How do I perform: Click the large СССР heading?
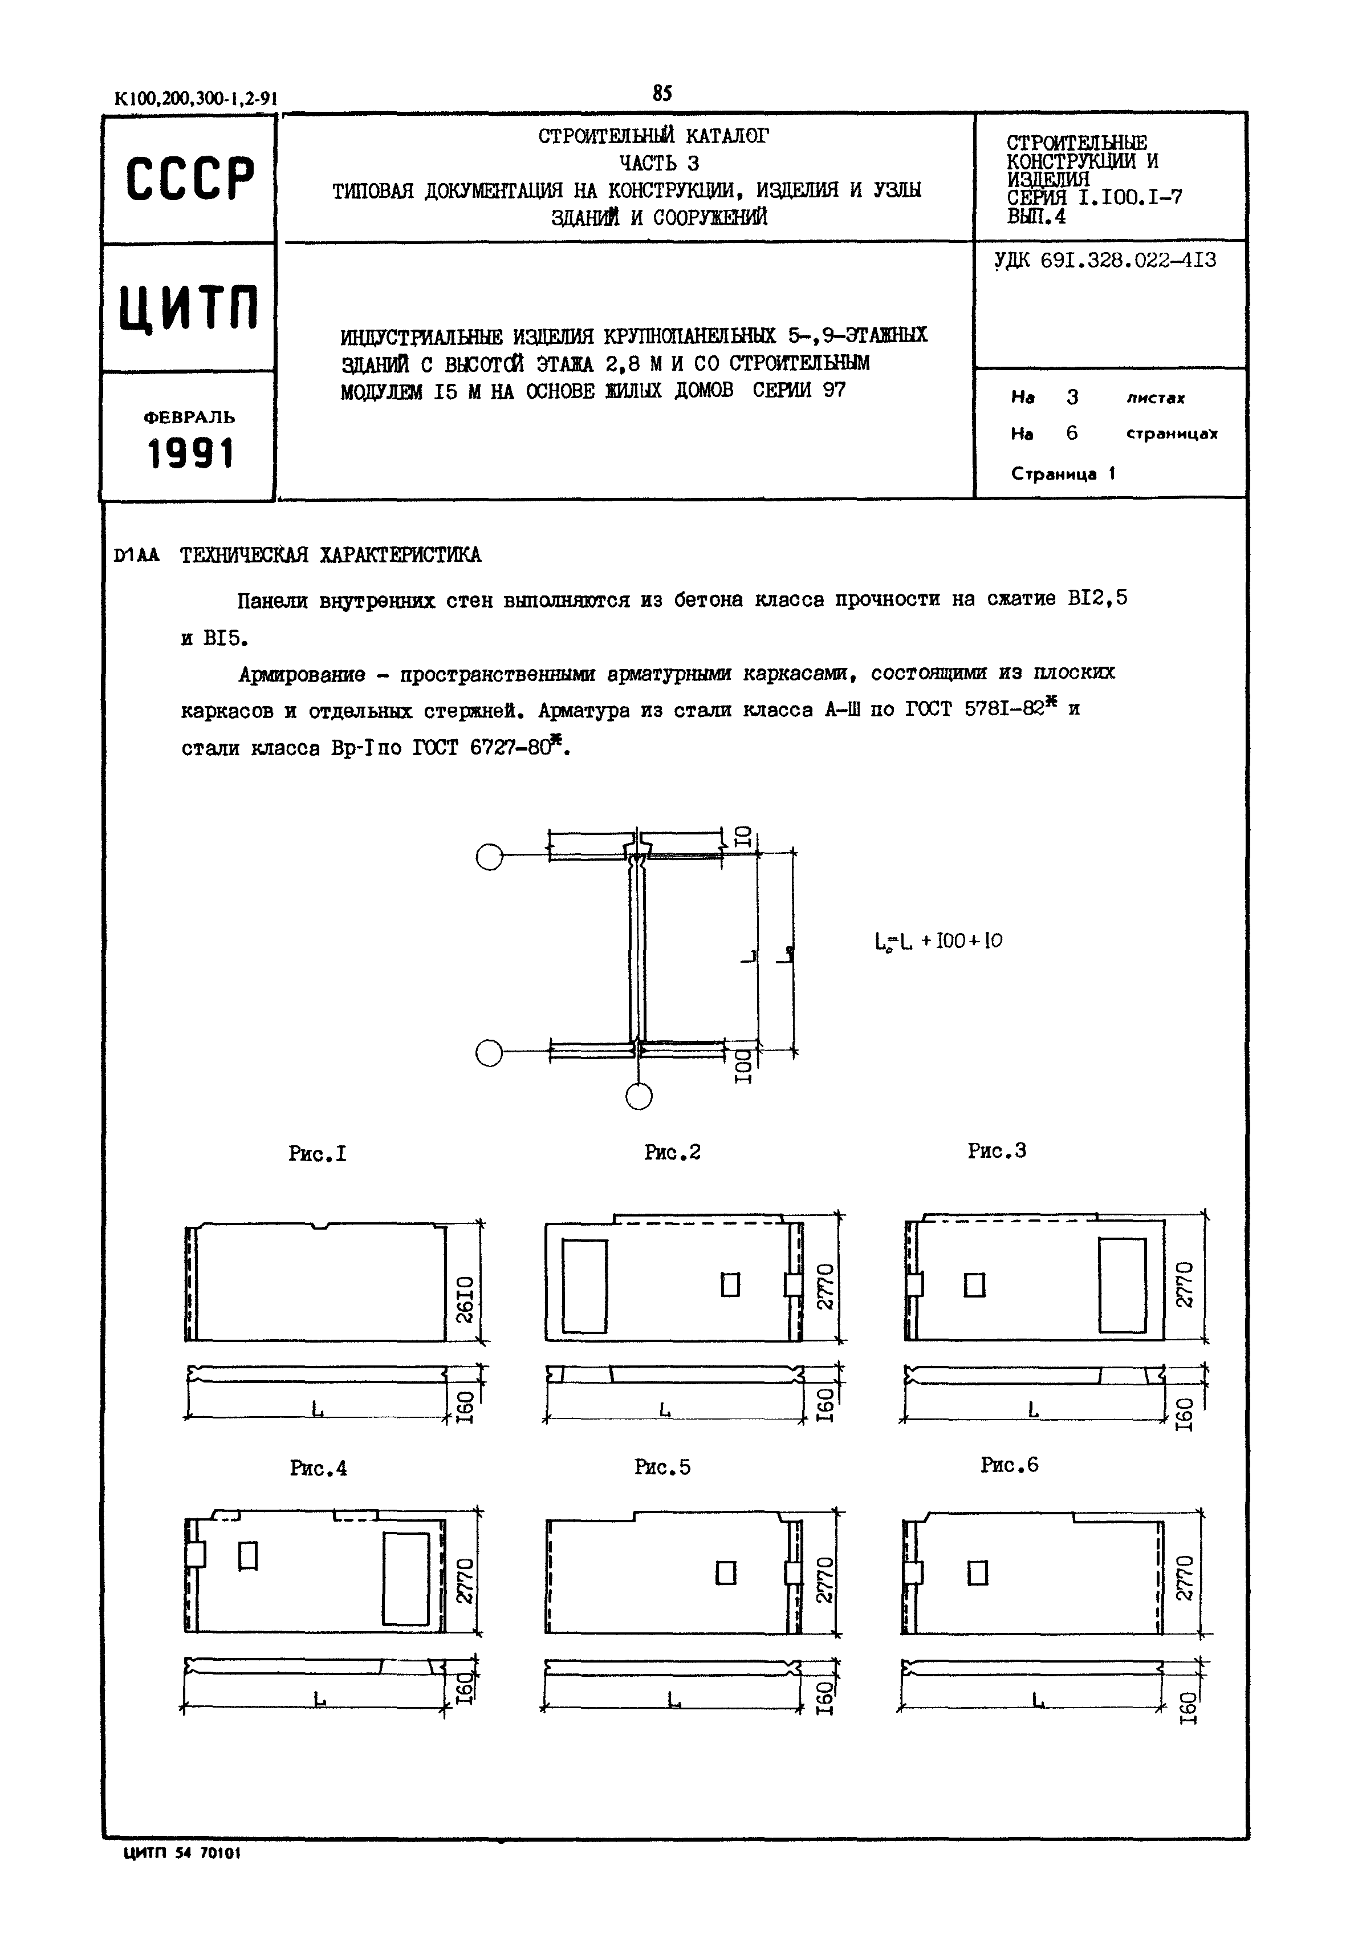190,180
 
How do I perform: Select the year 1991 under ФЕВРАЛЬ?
190,454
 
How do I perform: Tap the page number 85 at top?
662,94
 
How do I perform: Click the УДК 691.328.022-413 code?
1105,261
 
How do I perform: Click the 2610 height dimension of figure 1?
465,1299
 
